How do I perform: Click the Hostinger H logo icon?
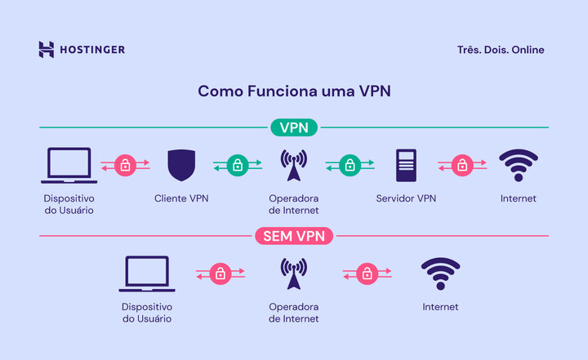click(47, 50)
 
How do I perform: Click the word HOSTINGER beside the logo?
click(92, 50)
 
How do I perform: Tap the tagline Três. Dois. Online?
click(501, 50)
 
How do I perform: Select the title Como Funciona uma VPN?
click(294, 91)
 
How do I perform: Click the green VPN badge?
click(294, 127)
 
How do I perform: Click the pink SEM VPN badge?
click(294, 237)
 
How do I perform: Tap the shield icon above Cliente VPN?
click(181, 165)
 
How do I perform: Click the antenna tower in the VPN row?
click(294, 166)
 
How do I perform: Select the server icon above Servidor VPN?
click(406, 165)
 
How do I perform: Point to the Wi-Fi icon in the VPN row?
click(519, 165)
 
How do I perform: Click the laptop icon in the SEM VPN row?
click(147, 274)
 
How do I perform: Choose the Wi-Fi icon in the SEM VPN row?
click(440, 273)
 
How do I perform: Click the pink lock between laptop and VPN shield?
click(125, 165)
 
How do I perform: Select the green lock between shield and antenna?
click(238, 165)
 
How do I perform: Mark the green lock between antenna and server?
click(350, 165)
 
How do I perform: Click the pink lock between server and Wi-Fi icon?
click(462, 165)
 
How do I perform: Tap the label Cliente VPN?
click(181, 198)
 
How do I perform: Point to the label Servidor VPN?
click(406, 198)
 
